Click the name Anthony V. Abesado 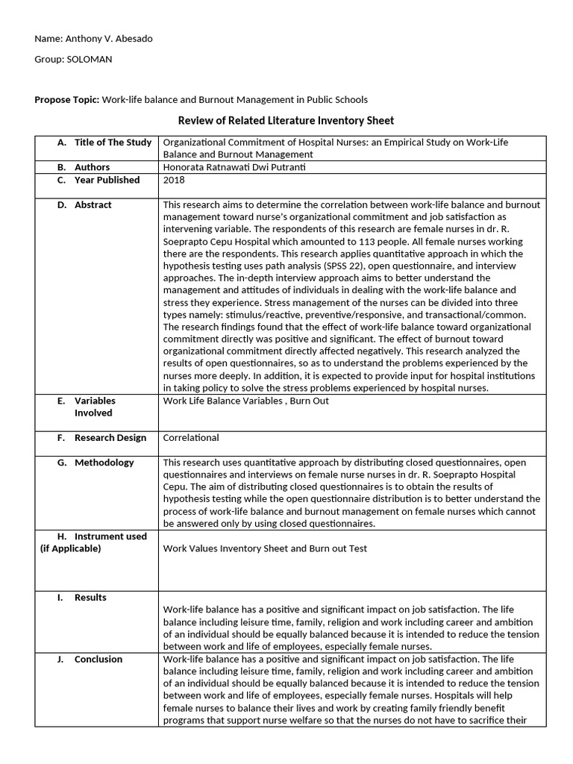pos(107,39)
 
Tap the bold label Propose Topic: pos(67,99)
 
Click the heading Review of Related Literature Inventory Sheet pos(286,120)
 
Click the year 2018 pos(174,180)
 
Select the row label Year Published pos(107,180)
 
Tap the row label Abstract pos(93,204)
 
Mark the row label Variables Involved pos(94,407)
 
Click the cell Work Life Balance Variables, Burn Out pos(245,401)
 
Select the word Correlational pos(191,438)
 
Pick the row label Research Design pos(110,438)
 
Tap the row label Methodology pos(104,463)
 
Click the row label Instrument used pos(110,536)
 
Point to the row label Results pos(90,598)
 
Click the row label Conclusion pos(98,659)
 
